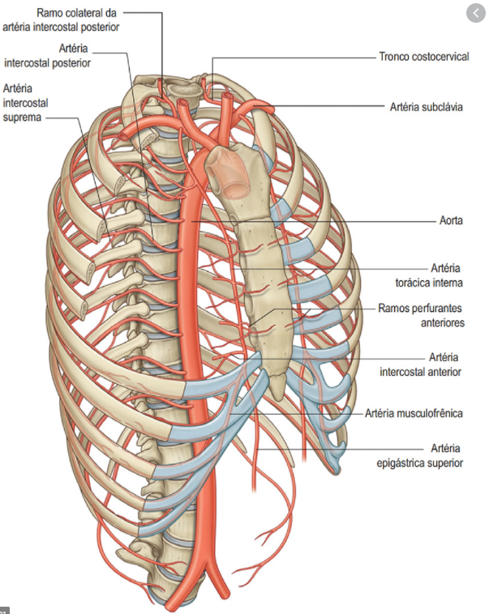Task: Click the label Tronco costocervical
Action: [423, 58]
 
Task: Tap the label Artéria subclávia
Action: [426, 107]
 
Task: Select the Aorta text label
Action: [450, 220]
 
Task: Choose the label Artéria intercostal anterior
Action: [421, 365]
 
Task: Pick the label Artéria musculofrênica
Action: [414, 413]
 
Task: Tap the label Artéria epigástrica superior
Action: [420, 455]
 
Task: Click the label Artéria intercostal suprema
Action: [24, 102]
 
